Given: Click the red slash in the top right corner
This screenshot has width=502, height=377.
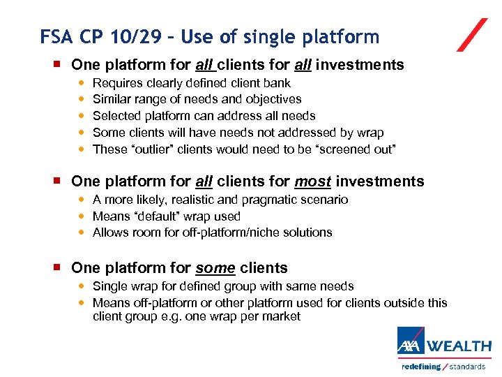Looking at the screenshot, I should (x=472, y=35).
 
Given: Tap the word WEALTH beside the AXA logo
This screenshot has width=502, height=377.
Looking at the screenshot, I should (x=459, y=346).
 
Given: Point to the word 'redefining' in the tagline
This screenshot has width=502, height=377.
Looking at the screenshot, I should (x=421, y=367).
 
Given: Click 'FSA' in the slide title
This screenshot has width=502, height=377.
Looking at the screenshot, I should (x=55, y=36).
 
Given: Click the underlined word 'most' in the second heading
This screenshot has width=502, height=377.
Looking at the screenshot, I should (x=312, y=182).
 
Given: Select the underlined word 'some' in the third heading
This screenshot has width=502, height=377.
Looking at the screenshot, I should (x=214, y=268).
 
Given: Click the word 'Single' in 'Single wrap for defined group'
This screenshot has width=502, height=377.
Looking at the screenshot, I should (x=109, y=286).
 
